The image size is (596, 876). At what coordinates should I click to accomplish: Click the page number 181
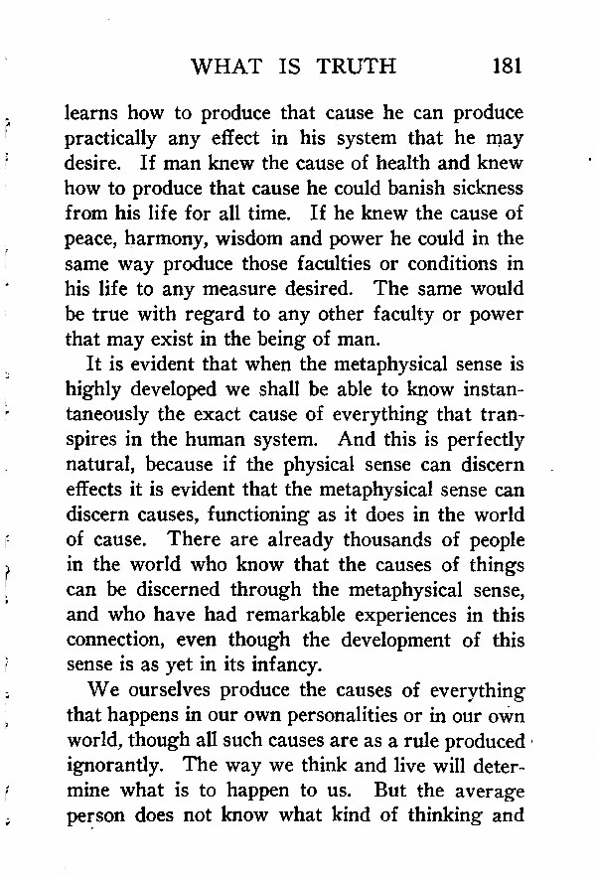(x=506, y=67)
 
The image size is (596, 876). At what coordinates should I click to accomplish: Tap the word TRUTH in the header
(x=357, y=67)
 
